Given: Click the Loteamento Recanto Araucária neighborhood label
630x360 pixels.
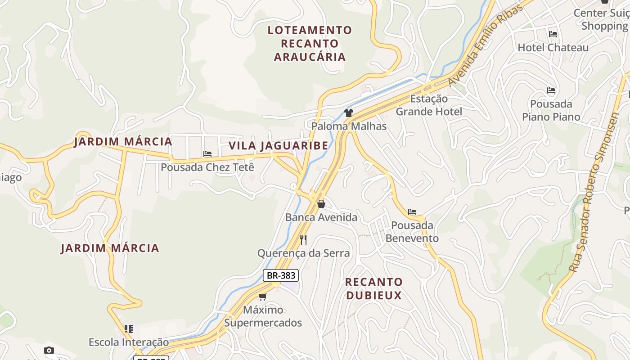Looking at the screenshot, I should click(x=310, y=44).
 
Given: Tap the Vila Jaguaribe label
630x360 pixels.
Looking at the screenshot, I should click(x=278, y=146).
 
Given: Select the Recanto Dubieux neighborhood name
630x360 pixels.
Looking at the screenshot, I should click(x=373, y=288).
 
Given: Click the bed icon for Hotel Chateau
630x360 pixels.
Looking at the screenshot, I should click(x=553, y=34).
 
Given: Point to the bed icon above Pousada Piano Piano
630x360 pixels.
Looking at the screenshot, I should click(x=551, y=90).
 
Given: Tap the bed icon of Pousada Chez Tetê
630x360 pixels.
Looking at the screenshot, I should click(x=207, y=154).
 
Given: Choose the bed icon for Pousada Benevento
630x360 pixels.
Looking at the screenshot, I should click(x=412, y=212).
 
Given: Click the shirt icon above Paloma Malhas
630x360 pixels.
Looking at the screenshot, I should click(x=349, y=112).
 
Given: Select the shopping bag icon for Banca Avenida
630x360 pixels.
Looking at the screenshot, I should click(x=321, y=204).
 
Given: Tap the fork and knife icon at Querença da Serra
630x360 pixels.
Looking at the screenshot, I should click(x=303, y=240).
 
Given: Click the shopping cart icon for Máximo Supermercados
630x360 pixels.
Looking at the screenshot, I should click(x=263, y=297).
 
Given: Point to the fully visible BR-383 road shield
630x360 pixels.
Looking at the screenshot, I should click(x=281, y=275).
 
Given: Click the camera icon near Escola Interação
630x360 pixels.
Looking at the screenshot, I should click(x=49, y=350).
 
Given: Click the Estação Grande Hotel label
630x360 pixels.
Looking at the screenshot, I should click(x=429, y=105).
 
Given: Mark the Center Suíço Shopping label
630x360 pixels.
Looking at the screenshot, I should click(x=601, y=19).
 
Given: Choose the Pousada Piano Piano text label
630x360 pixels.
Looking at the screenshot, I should click(x=551, y=110).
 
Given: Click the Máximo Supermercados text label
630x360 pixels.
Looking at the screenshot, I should click(x=263, y=316).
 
